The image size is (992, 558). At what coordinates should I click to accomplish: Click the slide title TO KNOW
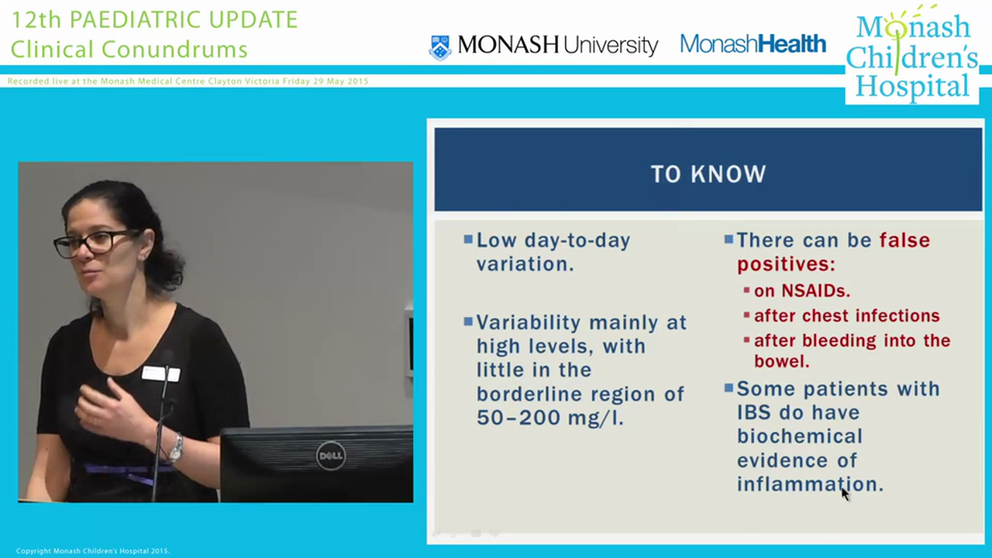point(708,174)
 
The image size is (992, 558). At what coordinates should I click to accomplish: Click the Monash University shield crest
point(440,46)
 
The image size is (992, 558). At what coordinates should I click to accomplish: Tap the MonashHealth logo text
point(753,44)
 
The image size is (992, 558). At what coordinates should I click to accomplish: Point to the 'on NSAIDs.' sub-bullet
point(801,291)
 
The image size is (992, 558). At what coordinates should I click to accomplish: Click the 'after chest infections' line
point(846,315)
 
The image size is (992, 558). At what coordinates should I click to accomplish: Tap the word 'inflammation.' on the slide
point(809,484)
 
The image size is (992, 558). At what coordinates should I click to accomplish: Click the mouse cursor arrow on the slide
point(845,494)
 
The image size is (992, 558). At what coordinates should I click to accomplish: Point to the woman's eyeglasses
point(97,243)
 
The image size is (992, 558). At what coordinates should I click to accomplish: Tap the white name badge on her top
point(160,374)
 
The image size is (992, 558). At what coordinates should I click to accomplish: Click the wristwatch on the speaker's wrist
point(177,448)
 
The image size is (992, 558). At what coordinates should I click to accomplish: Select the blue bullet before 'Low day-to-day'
point(467,239)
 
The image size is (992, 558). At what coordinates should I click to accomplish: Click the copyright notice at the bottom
point(92,551)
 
